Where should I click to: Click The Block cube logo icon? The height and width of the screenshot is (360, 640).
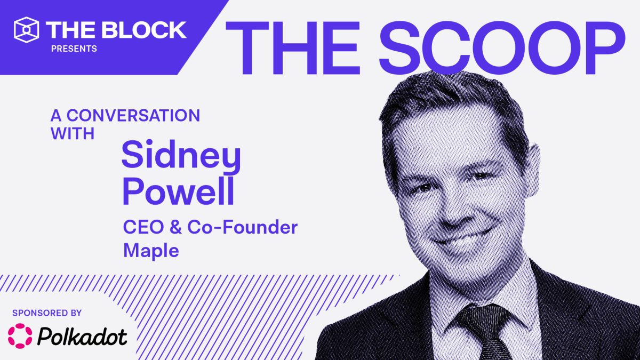[x=27, y=29]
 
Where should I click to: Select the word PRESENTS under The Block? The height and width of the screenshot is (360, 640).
[x=74, y=49]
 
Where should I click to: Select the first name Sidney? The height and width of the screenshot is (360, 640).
[x=181, y=158]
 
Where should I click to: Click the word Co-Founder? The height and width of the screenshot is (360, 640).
[x=246, y=228]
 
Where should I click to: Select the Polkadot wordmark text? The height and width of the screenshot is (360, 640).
[x=83, y=337]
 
